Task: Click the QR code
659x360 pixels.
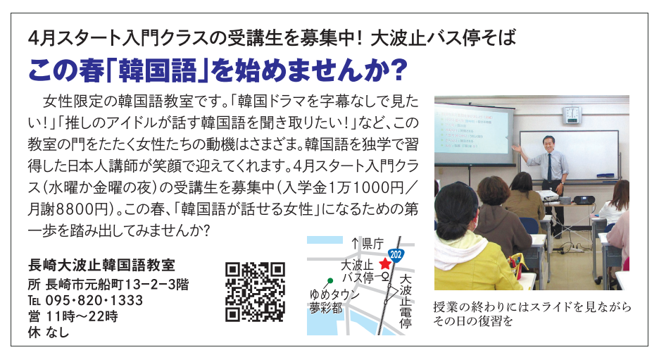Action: click(255, 291)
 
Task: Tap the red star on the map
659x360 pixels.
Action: click(384, 264)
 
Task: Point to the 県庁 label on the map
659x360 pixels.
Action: click(371, 244)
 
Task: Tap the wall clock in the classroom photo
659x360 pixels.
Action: click(572, 113)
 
